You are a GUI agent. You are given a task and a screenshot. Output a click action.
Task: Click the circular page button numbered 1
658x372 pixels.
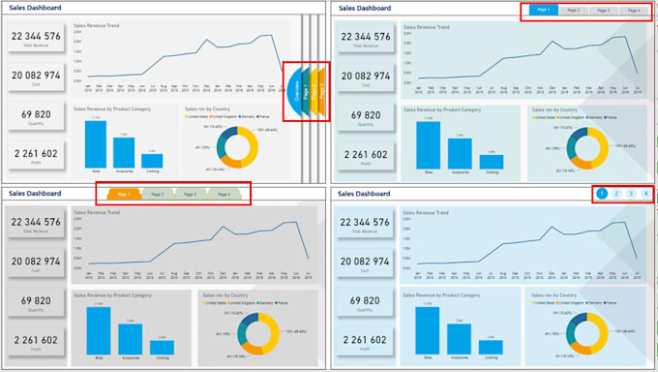[x=602, y=195]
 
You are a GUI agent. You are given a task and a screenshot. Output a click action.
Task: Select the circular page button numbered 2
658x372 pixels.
[x=616, y=195]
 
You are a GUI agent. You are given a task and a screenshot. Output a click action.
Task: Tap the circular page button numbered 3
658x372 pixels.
[x=631, y=195]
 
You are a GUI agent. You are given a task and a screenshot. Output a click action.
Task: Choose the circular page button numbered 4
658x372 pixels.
[x=645, y=195]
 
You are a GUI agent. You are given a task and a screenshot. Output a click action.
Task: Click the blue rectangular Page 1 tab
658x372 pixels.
[x=543, y=11]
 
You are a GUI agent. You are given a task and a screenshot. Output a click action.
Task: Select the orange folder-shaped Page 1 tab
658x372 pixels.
[x=123, y=195]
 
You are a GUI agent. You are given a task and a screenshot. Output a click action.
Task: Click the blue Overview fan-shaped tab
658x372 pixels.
[x=294, y=94]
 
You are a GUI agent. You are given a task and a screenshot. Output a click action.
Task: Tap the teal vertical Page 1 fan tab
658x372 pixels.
[x=308, y=93]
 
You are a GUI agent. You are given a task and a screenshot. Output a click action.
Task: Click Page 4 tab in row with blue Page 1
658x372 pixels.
[x=632, y=11]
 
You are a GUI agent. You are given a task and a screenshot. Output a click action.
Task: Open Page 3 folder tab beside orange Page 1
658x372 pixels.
[x=190, y=195]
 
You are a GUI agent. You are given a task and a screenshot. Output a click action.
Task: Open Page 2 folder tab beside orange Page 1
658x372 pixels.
[x=157, y=195]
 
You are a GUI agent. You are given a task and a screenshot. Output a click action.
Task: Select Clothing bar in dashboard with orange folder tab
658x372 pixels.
[x=162, y=347]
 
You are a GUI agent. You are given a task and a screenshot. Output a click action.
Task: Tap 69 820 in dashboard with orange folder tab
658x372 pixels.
[x=36, y=301]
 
